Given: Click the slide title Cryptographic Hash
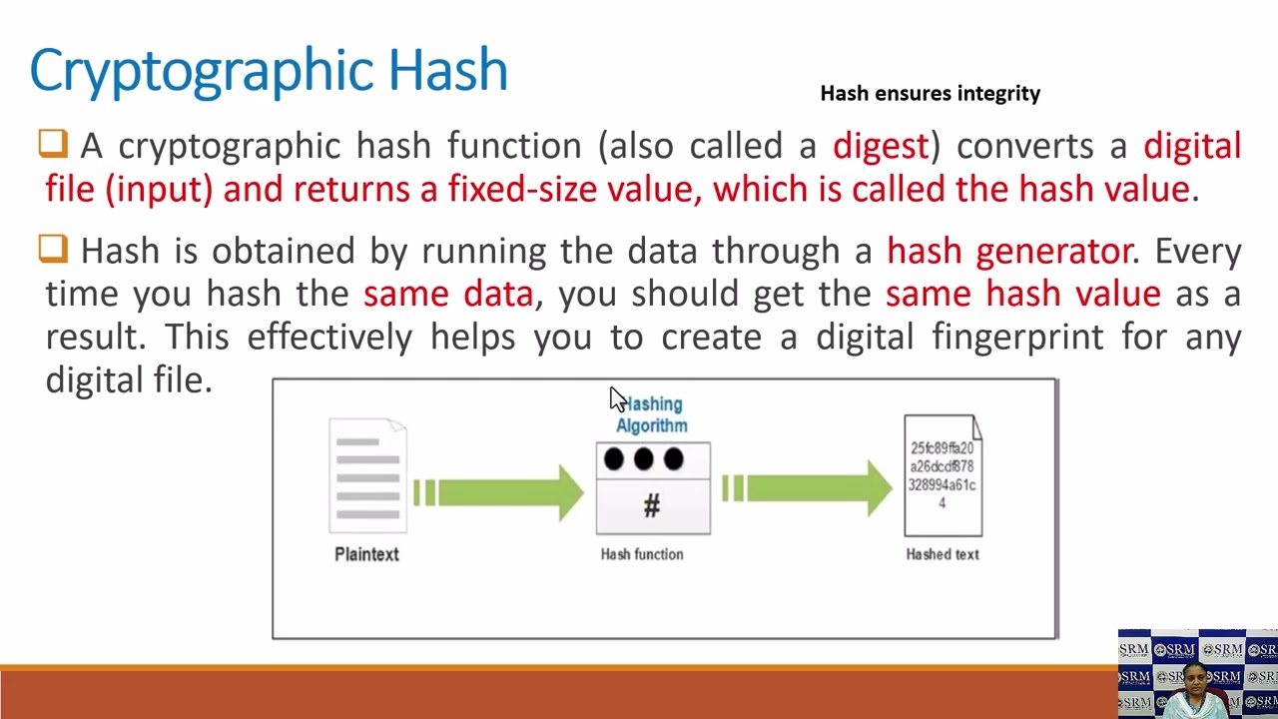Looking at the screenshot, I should tap(269, 70).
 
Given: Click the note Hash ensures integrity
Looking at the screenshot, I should tap(930, 93).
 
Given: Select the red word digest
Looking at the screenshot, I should tap(881, 146).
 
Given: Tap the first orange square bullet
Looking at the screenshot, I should tap(53, 144).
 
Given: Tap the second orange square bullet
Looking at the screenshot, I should tap(53, 249).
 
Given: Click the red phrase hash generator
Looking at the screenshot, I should tap(1009, 251).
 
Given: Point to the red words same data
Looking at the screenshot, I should tap(448, 294).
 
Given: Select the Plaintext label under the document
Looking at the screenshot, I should tap(366, 554).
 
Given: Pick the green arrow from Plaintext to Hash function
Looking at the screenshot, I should tap(499, 491).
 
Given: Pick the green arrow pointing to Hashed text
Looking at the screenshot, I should tap(808, 487).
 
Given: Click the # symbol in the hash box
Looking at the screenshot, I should tap(651, 506).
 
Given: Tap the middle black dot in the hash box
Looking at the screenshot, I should tap(643, 459).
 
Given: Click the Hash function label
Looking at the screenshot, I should tap(642, 554).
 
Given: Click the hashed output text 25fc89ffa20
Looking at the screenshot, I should tap(942, 448).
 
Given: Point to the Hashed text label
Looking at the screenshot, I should tap(942, 554).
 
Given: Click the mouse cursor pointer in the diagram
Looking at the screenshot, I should tap(617, 399).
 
